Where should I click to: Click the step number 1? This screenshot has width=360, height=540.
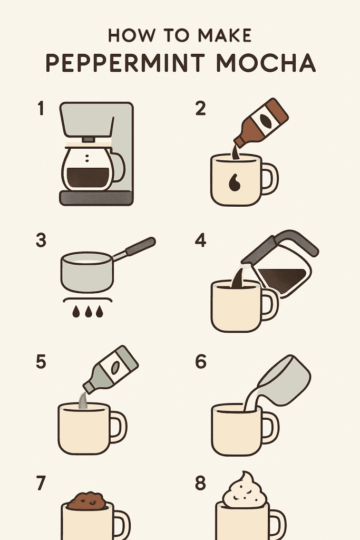(41, 109)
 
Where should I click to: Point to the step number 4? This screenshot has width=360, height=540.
(201, 240)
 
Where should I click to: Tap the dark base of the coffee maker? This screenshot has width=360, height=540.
(96, 198)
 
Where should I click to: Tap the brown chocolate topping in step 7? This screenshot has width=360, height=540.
(87, 500)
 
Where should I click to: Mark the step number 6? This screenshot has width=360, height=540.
(201, 362)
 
